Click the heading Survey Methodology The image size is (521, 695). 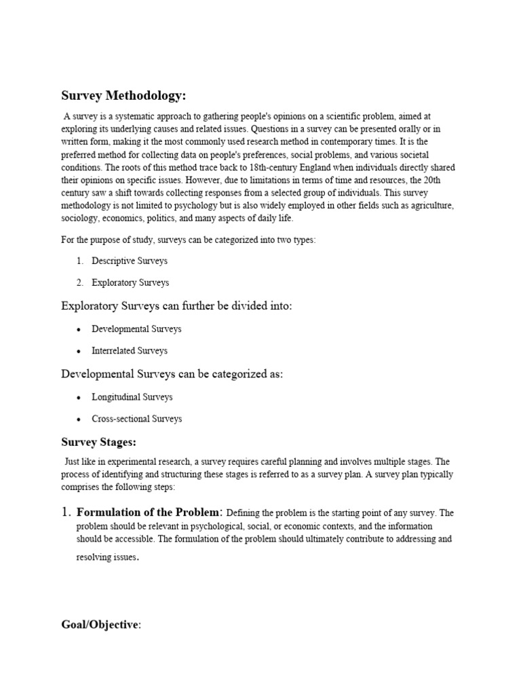123,95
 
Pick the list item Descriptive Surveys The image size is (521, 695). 130,261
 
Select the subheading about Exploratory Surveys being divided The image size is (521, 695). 177,306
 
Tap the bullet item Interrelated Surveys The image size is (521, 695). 130,351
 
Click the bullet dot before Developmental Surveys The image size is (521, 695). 79,329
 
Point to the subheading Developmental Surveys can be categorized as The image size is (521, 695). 172,374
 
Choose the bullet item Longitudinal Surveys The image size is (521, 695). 132,397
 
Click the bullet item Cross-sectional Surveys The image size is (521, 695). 137,419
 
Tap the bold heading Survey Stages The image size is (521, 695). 99,443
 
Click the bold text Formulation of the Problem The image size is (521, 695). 149,512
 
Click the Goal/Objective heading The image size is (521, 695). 101,625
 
